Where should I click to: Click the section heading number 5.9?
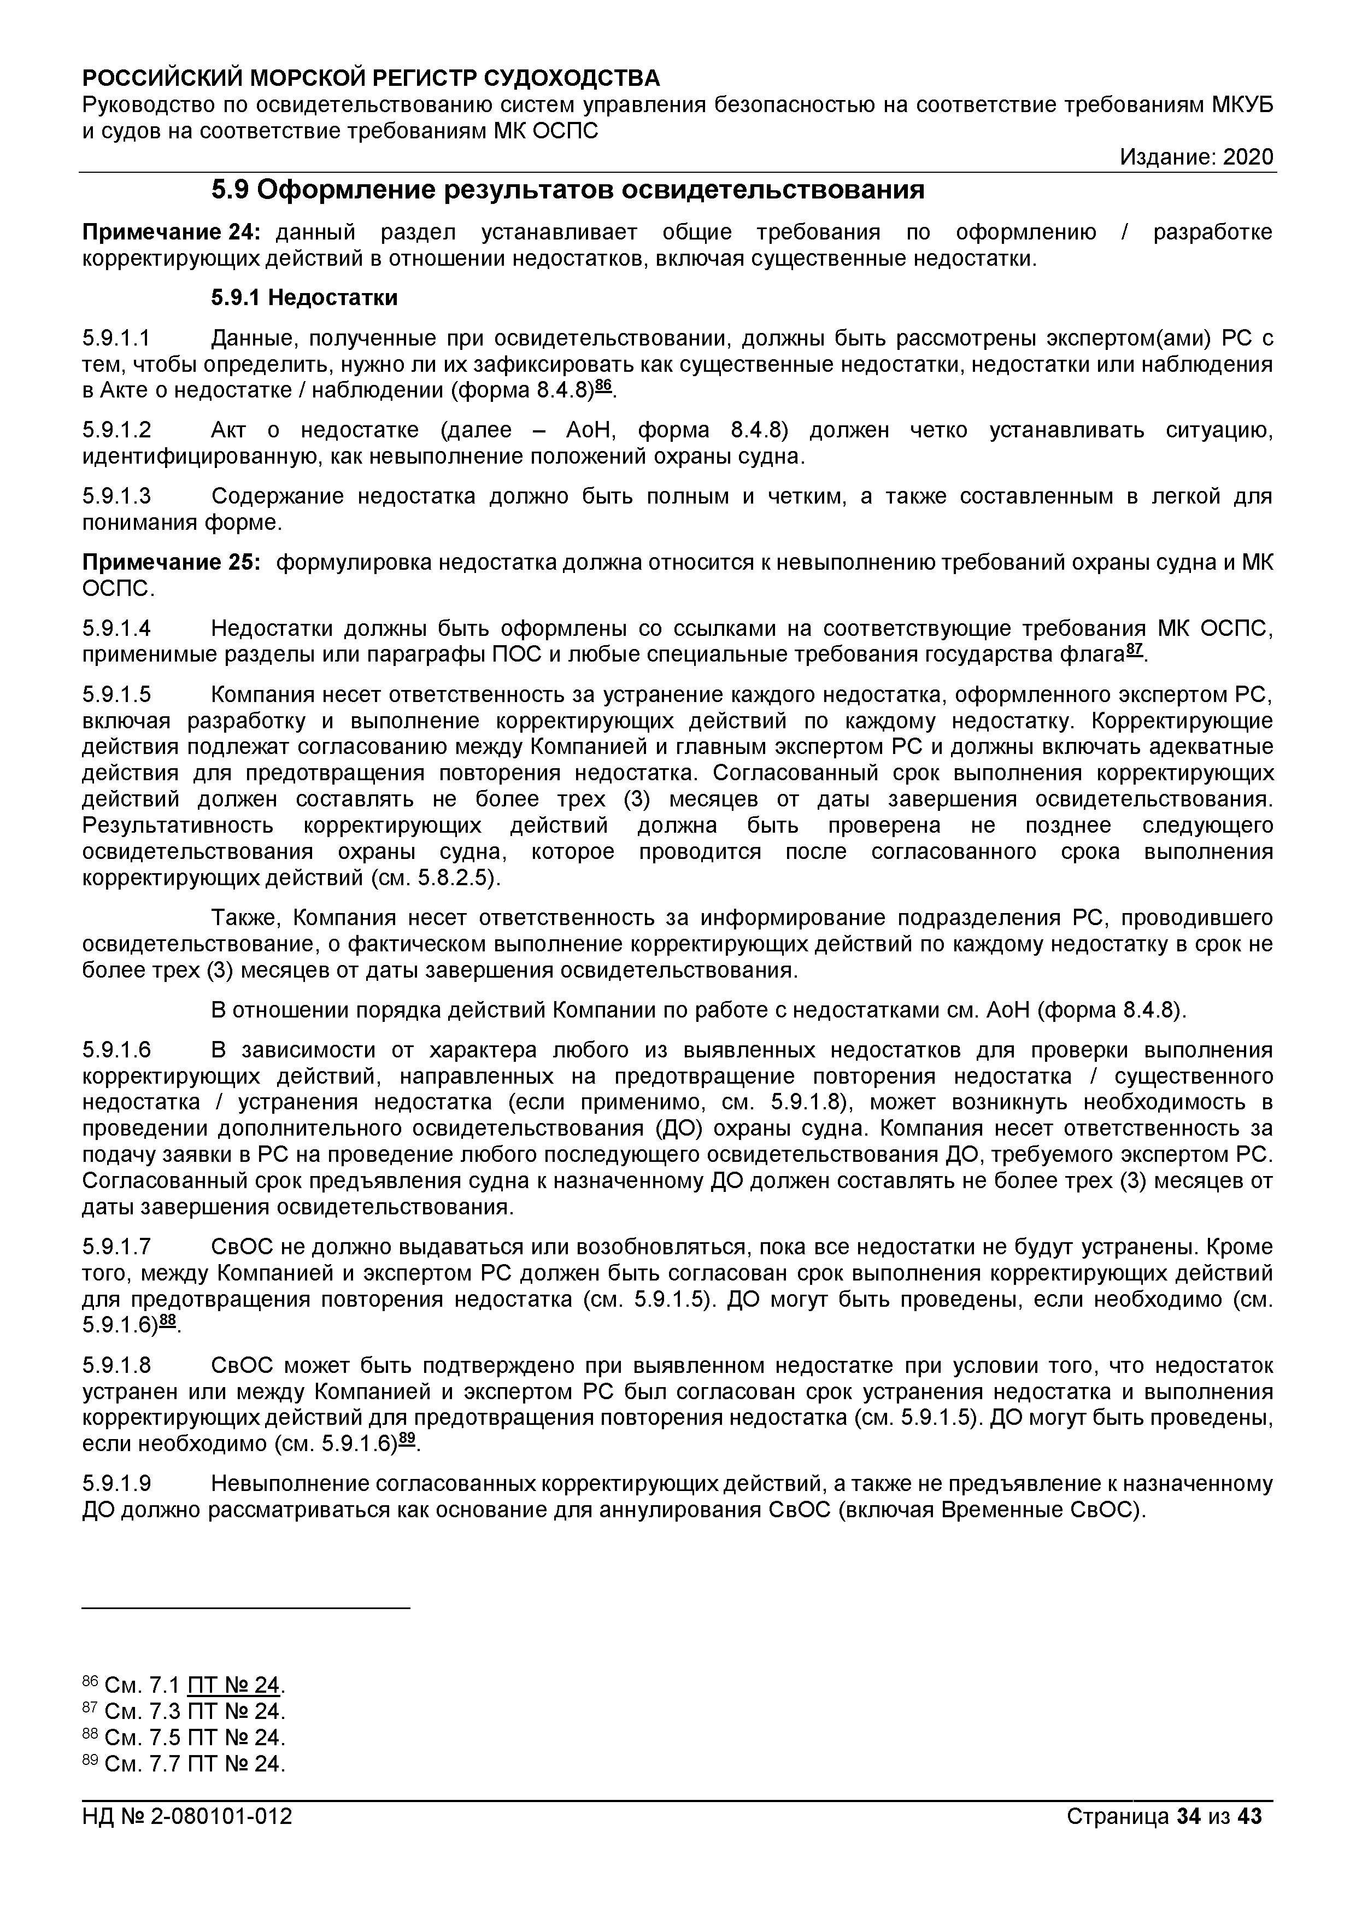pos(230,191)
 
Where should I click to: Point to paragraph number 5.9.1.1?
pos(117,338)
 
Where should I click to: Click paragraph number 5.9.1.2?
pos(117,430)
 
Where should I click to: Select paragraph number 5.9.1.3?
pos(117,496)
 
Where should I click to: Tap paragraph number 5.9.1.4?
pos(117,628)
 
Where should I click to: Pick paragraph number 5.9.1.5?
pos(117,695)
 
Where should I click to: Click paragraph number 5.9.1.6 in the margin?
pos(117,1050)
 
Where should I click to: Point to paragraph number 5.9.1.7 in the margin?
pos(117,1247)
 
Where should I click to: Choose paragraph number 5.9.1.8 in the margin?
pos(117,1366)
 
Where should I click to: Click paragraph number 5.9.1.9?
pos(117,1484)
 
